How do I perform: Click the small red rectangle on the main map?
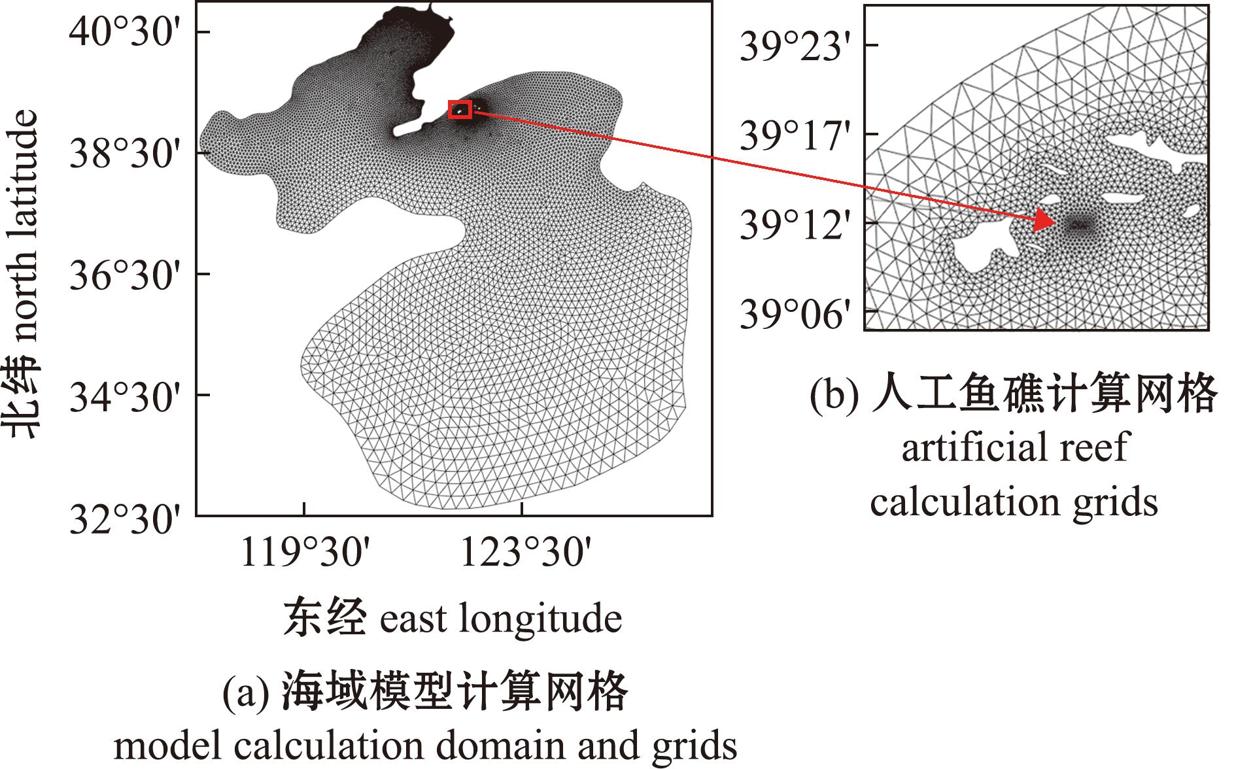[x=460, y=110]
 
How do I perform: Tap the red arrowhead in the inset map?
[x=1043, y=222]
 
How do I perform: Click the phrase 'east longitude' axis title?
[x=500, y=618]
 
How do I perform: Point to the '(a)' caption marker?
[x=246, y=693]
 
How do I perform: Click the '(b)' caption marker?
[x=834, y=395]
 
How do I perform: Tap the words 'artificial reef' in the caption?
[x=1015, y=448]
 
